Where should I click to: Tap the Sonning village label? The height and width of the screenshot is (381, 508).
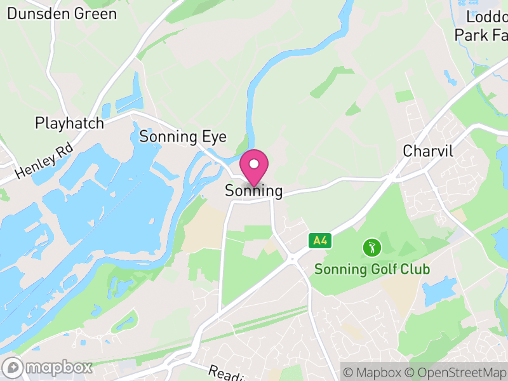click(x=253, y=190)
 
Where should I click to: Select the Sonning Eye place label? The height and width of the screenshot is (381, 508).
click(x=178, y=137)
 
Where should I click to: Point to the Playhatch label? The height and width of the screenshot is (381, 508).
click(x=69, y=123)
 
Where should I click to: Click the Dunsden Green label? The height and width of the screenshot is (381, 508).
click(x=62, y=13)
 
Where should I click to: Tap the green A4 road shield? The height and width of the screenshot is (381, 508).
click(x=320, y=241)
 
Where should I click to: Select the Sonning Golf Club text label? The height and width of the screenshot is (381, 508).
click(x=372, y=269)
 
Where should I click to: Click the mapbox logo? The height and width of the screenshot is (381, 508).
click(x=48, y=367)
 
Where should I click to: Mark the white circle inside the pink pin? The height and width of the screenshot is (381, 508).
click(x=254, y=164)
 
